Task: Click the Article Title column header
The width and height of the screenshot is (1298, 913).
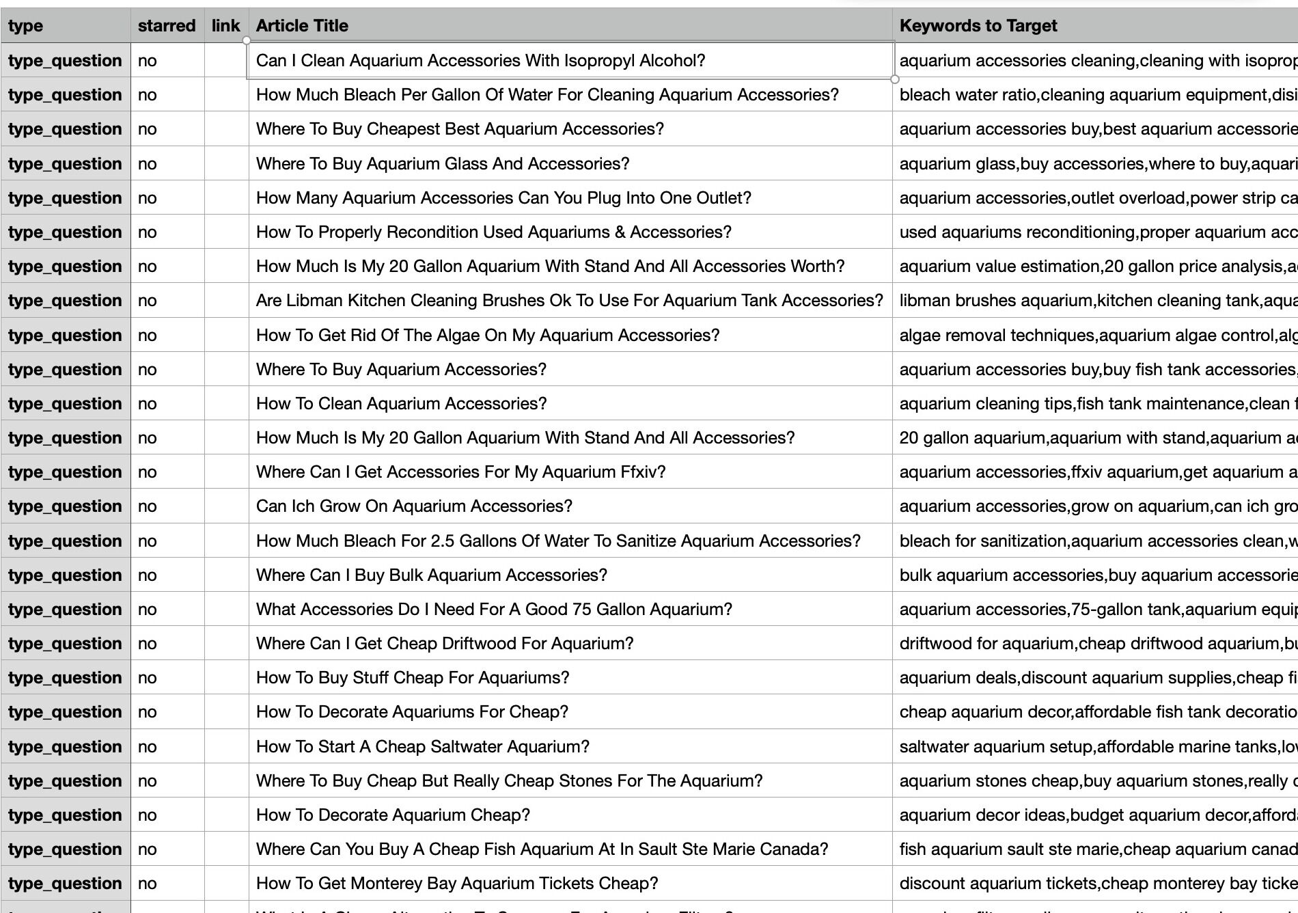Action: tap(302, 26)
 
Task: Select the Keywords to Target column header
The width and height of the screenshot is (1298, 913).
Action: tap(978, 26)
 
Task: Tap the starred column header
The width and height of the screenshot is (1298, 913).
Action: tap(167, 26)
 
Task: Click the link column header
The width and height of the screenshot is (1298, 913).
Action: tap(225, 26)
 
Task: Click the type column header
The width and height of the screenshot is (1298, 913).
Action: tap(26, 26)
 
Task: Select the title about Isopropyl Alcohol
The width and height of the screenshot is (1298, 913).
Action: tap(480, 61)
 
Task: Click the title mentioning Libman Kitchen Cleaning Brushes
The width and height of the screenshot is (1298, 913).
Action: tap(569, 301)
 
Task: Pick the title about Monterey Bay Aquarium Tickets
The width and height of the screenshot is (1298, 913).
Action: tap(457, 884)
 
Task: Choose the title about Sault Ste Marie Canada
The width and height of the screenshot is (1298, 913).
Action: tap(542, 849)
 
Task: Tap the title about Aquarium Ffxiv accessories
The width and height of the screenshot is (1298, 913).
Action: tap(460, 472)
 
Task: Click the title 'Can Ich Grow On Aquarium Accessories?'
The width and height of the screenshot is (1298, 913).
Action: tap(414, 506)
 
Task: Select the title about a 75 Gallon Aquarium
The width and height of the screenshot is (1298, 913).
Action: tap(494, 610)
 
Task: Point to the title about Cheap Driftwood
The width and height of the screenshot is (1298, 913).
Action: tap(445, 644)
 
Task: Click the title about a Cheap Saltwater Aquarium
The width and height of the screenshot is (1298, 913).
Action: tap(422, 747)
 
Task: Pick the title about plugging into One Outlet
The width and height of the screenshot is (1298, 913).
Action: tap(503, 198)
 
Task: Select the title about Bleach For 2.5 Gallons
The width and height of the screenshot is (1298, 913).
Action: tap(558, 541)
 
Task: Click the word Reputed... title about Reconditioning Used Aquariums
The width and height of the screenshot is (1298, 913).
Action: tap(493, 232)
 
